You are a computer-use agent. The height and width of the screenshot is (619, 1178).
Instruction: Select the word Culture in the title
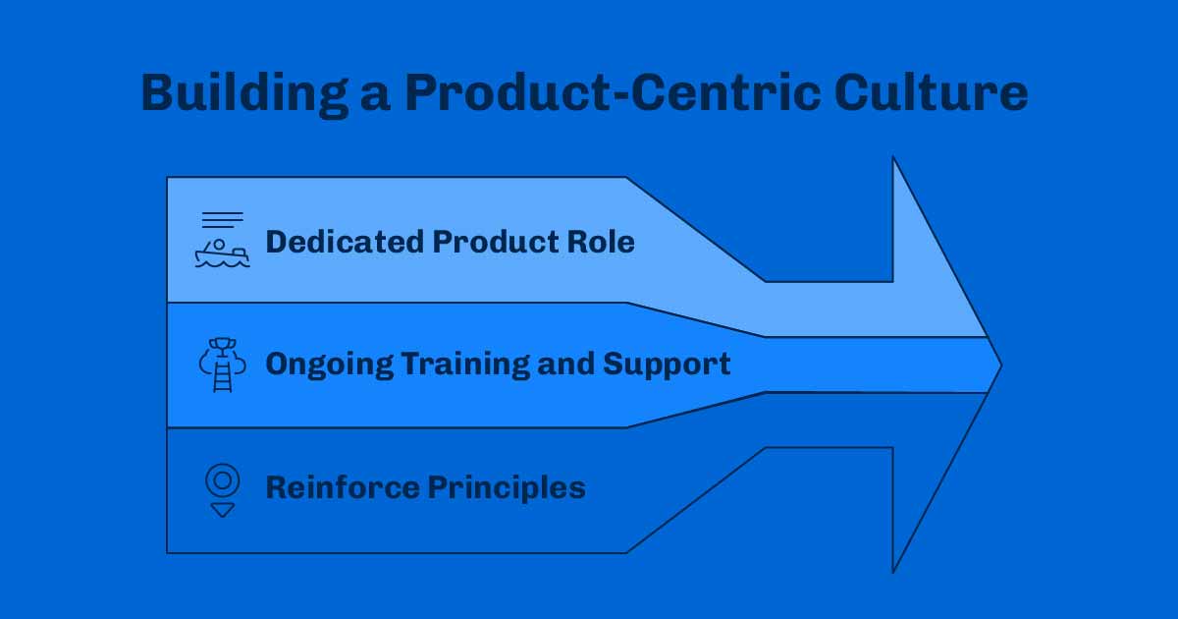[932, 93]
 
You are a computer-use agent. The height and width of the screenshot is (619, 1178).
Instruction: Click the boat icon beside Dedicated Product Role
[222, 253]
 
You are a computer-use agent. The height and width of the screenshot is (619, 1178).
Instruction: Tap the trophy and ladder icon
[223, 365]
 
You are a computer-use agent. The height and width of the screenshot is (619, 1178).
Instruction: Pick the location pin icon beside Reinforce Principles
[223, 480]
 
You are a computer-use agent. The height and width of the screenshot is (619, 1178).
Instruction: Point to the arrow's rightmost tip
[1000, 366]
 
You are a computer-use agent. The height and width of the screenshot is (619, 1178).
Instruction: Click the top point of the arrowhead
[893, 158]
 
